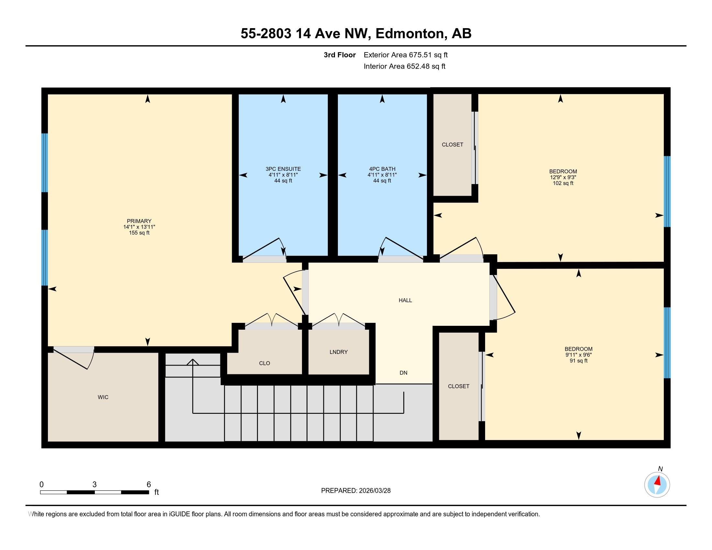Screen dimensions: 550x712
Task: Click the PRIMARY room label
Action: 139,221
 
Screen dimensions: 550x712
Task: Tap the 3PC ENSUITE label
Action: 283,169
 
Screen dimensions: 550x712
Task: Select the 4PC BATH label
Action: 382,169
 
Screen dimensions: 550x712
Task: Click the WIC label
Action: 103,397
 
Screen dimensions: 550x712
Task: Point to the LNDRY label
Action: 339,352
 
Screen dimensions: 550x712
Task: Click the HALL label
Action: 405,301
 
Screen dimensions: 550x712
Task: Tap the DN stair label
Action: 403,373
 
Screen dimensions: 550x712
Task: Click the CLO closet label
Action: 264,363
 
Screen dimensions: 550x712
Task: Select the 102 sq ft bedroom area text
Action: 563,183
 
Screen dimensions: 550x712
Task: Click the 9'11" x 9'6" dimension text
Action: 578,355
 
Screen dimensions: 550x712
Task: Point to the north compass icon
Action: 657,485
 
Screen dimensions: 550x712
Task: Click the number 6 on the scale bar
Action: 149,485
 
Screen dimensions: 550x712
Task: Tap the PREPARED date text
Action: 356,491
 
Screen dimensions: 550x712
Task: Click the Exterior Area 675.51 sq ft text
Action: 406,55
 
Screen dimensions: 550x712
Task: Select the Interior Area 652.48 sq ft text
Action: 404,66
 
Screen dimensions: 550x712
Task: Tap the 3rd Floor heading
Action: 339,55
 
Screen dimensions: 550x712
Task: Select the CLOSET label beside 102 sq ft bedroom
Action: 452,145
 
